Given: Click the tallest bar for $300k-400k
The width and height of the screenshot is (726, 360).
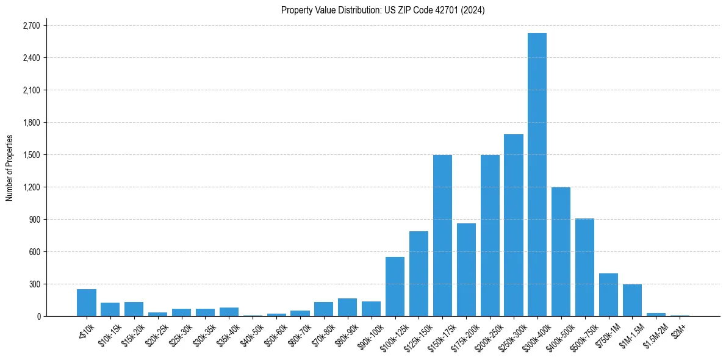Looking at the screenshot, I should tap(537, 175).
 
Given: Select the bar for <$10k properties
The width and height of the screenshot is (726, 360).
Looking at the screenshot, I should tap(87, 303).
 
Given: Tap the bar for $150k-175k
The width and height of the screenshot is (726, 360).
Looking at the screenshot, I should tap(442, 236).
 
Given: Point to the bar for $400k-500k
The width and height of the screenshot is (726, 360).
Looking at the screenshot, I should tap(561, 251).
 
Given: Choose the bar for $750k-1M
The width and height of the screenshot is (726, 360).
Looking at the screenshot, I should tap(608, 295).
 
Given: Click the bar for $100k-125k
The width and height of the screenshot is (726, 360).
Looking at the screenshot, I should tap(395, 286).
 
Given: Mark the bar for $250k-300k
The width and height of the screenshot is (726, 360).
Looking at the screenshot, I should tap(513, 225).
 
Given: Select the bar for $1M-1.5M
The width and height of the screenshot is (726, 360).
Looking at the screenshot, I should tap(632, 300).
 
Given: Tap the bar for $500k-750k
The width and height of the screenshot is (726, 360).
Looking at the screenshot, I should tap(584, 267).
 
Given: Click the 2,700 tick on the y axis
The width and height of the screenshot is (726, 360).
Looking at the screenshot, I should tap(31, 26).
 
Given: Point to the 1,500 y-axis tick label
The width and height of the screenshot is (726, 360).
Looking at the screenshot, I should tap(31, 155).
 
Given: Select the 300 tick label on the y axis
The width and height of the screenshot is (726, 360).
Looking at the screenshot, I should tap(34, 284).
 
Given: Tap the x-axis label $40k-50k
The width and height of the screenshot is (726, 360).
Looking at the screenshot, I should tap(253, 333).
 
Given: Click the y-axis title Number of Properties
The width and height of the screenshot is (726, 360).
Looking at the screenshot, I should tap(9, 168).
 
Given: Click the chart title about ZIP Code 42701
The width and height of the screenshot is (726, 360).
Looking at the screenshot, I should tap(383, 10).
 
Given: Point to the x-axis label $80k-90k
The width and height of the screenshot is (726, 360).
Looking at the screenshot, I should tap(348, 333).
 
